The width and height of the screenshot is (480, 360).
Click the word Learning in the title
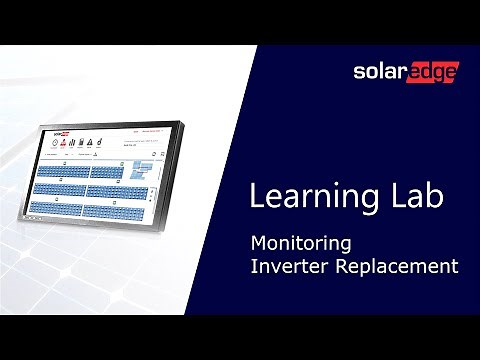tap(289, 196)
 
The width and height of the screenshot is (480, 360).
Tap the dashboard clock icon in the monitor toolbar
tap(55, 142)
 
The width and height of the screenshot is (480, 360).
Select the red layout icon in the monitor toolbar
tap(63, 142)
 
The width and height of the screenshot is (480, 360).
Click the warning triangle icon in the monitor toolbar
tap(89, 142)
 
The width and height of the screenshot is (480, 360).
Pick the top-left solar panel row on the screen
tap(63, 171)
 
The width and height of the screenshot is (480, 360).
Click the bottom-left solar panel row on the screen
tap(56, 207)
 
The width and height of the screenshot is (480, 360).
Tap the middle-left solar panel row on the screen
tap(60, 189)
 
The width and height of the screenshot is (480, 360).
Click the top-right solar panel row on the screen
tap(107, 173)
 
